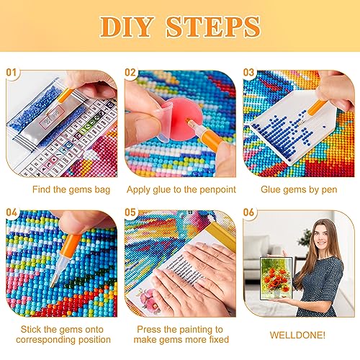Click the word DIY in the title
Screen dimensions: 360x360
coord(130,27)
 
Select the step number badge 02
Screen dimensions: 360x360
coord(131,72)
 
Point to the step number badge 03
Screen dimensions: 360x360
coord(248,72)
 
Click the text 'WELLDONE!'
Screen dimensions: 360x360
coord(297,336)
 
